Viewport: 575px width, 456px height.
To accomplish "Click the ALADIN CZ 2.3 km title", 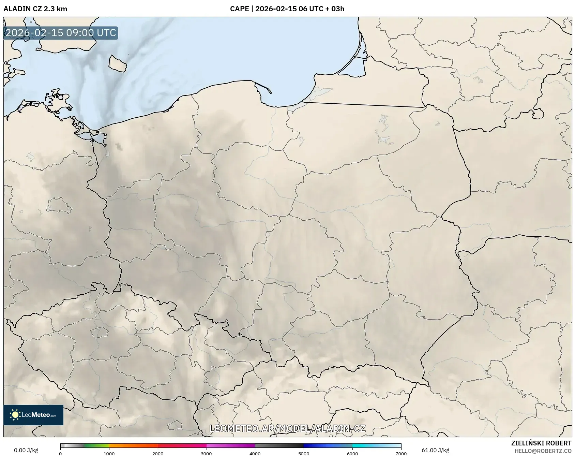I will pyautogui.click(x=35, y=9).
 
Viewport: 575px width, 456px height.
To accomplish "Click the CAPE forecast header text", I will pyautogui.click(x=287, y=9).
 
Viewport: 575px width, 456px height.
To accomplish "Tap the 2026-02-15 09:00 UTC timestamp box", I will pyautogui.click(x=61, y=33).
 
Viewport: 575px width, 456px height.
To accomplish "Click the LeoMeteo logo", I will pyautogui.click(x=33, y=415).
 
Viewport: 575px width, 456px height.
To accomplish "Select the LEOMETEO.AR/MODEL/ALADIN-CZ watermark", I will pyautogui.click(x=287, y=429).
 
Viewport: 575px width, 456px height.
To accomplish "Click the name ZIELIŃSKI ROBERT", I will pyautogui.click(x=541, y=443).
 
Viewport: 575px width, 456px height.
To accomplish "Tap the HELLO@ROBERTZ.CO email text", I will pyautogui.click(x=543, y=451).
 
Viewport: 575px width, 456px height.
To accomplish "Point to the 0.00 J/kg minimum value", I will pyautogui.click(x=26, y=450).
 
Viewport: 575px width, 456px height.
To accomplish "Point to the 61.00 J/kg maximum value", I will pyautogui.click(x=435, y=450).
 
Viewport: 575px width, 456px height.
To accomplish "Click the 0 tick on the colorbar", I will pyautogui.click(x=60, y=454).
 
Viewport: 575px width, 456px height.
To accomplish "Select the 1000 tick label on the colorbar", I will pyautogui.click(x=109, y=454).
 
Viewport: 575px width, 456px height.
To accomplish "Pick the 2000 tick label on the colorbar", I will pyautogui.click(x=158, y=454).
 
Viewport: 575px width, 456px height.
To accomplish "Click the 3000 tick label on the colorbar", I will pyautogui.click(x=206, y=454).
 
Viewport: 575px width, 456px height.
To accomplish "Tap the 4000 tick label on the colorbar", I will pyautogui.click(x=255, y=454).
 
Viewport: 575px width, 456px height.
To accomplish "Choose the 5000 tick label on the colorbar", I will pyautogui.click(x=304, y=454).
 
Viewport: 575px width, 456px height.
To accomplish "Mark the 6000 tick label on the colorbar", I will pyautogui.click(x=352, y=454).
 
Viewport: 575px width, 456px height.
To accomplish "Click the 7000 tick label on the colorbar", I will pyautogui.click(x=401, y=454).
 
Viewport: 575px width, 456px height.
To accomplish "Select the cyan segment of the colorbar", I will pyautogui.click(x=365, y=445).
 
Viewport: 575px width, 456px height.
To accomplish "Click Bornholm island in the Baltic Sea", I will pyautogui.click(x=118, y=63).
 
